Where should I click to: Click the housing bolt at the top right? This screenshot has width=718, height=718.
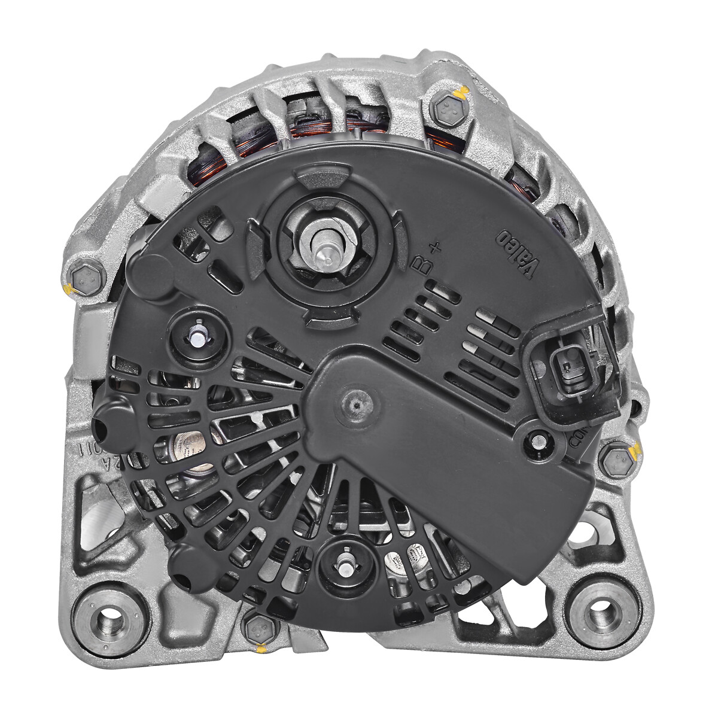[447, 110]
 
